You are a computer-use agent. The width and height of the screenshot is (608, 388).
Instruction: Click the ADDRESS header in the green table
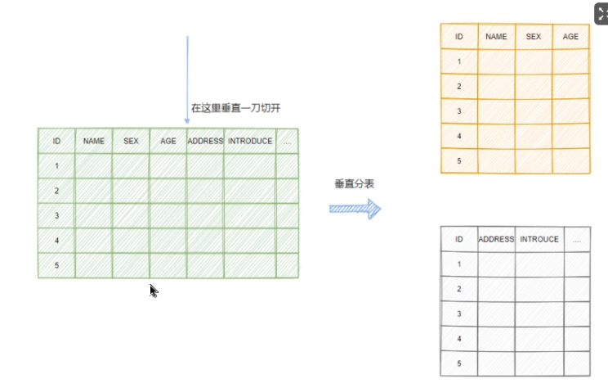[x=205, y=141]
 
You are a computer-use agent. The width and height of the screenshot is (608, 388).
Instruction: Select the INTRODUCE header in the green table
[x=250, y=141]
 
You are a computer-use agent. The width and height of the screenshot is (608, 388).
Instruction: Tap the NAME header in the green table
[x=94, y=141]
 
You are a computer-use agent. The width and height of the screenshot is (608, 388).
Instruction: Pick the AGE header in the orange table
[x=570, y=37]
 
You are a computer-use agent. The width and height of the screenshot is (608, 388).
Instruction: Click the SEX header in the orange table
[x=534, y=37]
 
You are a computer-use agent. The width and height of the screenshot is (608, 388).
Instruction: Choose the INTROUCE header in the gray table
[x=539, y=239]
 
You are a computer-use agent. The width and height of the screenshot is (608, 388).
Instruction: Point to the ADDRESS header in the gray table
[x=496, y=239]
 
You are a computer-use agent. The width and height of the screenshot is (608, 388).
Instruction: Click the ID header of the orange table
[x=459, y=37]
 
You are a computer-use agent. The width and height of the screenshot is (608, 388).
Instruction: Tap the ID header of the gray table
[x=459, y=239]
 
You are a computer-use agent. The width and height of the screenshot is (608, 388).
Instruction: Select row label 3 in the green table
[x=56, y=215]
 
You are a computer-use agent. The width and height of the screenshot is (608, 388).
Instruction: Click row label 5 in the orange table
[x=459, y=160]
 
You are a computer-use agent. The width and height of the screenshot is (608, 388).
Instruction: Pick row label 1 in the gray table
[x=459, y=264]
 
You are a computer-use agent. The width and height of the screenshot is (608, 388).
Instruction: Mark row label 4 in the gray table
[x=459, y=338]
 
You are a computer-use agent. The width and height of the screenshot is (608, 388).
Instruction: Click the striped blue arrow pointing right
[x=355, y=209]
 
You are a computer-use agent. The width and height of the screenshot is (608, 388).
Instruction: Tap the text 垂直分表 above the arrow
[x=355, y=185]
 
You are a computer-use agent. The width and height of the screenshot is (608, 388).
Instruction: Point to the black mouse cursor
[x=153, y=290]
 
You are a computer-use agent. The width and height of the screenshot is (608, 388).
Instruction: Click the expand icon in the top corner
[x=601, y=13]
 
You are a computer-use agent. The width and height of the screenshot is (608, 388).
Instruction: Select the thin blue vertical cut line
[x=187, y=74]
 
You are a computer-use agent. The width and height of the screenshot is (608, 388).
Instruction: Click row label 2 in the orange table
[x=459, y=86]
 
